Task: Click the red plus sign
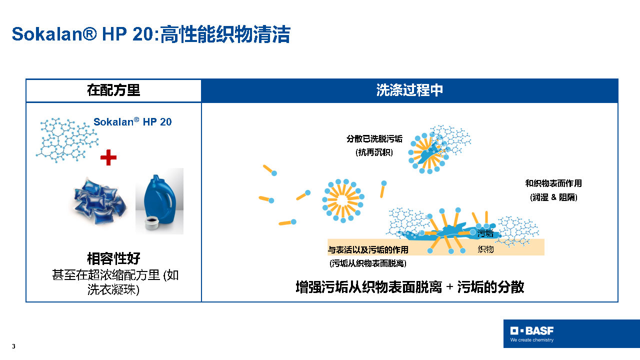click(108, 157)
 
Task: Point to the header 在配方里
click(113, 90)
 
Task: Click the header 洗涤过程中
click(409, 90)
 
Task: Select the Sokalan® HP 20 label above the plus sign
click(132, 122)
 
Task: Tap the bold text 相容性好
click(113, 258)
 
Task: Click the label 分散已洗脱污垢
click(374, 139)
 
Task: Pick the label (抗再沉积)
click(374, 152)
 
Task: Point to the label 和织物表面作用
click(553, 183)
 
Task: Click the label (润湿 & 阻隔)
click(553, 197)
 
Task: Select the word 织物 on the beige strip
click(485, 249)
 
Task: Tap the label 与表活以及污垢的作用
click(368, 250)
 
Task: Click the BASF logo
click(532, 331)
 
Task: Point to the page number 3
click(13, 346)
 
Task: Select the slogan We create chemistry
click(532, 340)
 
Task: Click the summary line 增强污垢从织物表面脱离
click(368, 287)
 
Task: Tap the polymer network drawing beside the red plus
click(67, 140)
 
